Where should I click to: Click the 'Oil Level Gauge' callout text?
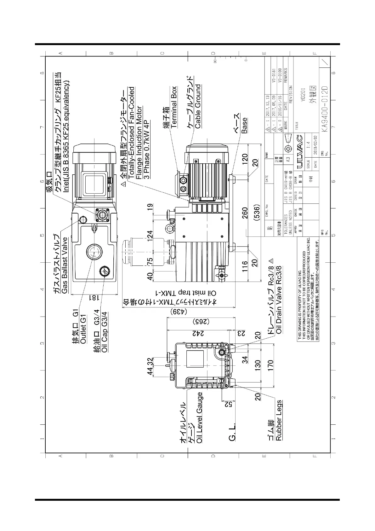tap(199, 417)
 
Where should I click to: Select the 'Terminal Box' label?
tap(174, 107)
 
